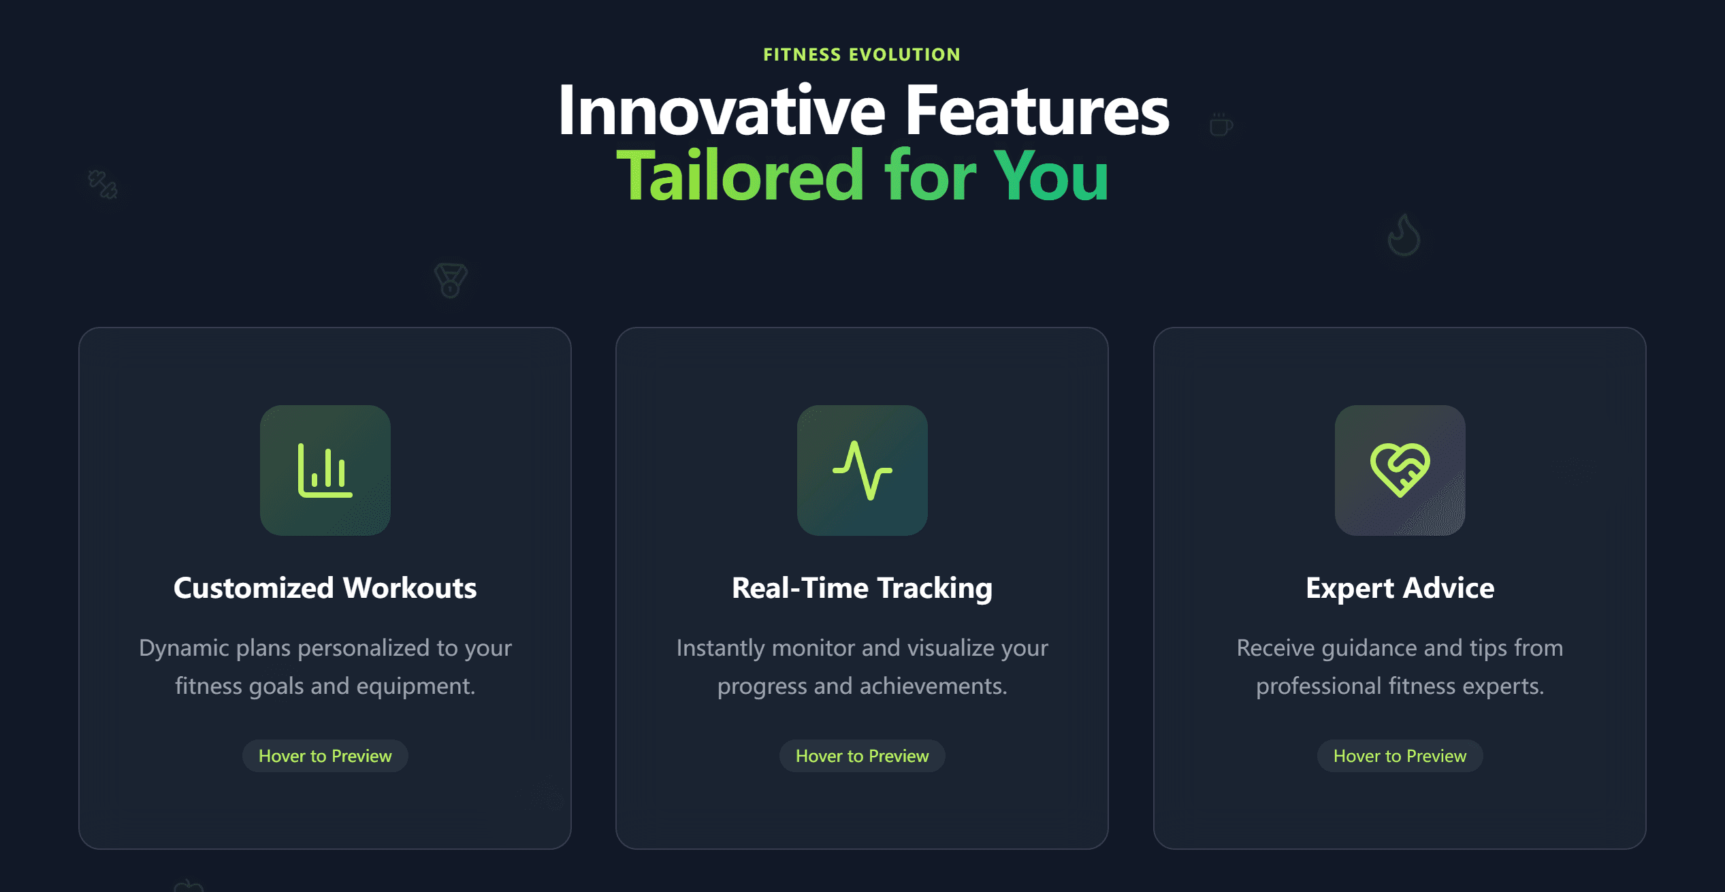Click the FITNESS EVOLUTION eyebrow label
tap(862, 54)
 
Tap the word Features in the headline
tap(1037, 111)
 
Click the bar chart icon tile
tap(325, 470)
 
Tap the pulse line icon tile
tap(862, 470)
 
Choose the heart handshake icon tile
tap(1400, 470)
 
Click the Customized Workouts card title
tap(325, 588)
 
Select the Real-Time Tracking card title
tap(862, 588)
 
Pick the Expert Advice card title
tap(1400, 588)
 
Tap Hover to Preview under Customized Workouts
tap(325, 756)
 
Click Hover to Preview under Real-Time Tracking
tap(862, 756)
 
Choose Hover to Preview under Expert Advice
tap(1400, 756)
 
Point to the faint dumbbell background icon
tap(103, 184)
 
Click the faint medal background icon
tap(451, 280)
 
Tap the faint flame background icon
tap(1404, 236)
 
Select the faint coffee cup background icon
tap(1221, 125)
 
